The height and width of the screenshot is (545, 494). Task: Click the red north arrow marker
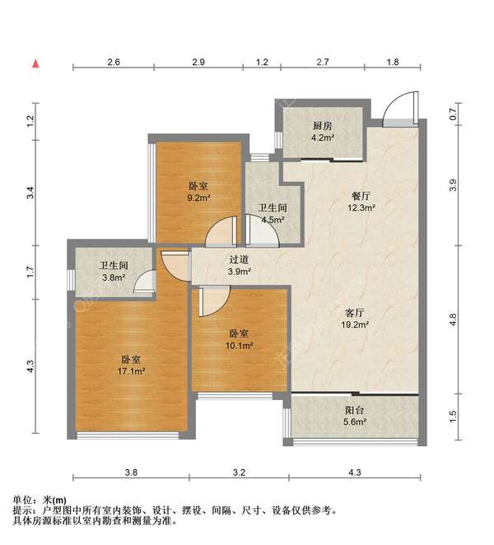click(x=35, y=63)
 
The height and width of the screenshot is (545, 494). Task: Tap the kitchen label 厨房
click(x=323, y=126)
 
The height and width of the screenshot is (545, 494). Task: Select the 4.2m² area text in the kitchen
click(x=323, y=137)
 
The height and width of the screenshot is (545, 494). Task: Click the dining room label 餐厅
click(x=361, y=196)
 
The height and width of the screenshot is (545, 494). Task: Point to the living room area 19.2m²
click(x=355, y=325)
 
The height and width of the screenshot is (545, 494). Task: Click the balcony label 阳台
click(x=355, y=410)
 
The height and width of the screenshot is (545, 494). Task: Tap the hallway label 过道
click(x=239, y=259)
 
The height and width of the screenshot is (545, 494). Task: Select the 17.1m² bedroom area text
click(x=131, y=371)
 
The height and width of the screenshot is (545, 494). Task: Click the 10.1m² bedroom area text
click(x=239, y=346)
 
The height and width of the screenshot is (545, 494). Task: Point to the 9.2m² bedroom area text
click(x=199, y=198)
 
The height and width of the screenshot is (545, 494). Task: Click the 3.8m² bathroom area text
click(x=114, y=277)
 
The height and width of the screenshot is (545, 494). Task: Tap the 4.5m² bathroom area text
click(x=273, y=220)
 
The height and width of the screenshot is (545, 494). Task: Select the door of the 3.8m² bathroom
click(x=144, y=281)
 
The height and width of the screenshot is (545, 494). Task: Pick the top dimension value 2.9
click(x=198, y=63)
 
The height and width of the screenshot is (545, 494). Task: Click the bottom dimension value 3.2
click(x=239, y=473)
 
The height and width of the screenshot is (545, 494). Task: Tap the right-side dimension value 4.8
click(x=453, y=319)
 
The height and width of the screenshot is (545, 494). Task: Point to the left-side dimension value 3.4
click(x=31, y=193)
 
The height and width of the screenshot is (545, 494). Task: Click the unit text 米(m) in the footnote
click(x=54, y=501)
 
